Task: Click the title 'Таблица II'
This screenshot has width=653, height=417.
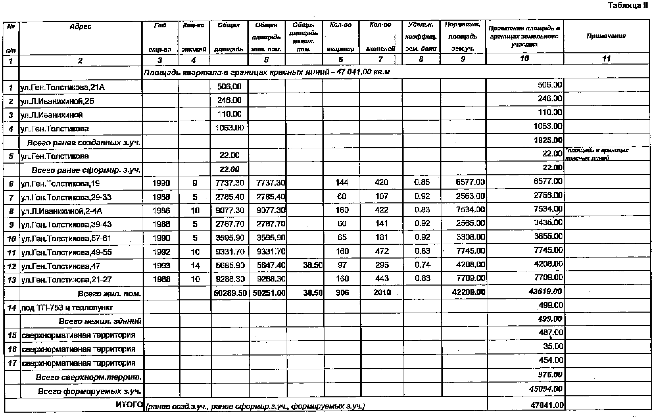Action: point(632,5)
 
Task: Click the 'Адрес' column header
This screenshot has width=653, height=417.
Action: point(80,26)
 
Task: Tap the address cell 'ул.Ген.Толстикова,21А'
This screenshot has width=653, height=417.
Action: point(63,88)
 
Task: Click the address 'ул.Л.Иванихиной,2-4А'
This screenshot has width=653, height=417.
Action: point(62,211)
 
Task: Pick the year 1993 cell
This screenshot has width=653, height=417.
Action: point(161,266)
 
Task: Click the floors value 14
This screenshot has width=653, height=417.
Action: point(195,266)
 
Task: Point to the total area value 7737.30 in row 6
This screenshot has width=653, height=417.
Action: point(230,183)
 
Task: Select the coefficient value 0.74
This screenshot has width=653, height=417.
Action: point(422,265)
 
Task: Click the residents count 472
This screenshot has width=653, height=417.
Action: point(382,251)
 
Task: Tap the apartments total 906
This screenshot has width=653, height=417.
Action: point(342,293)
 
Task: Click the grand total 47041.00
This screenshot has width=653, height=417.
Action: point(547,405)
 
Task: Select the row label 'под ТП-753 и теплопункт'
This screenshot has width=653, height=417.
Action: point(67,308)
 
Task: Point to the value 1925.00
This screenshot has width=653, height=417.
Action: point(550,140)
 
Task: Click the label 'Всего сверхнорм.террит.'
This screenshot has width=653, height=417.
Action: point(89,377)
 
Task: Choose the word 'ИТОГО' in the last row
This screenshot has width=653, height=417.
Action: point(129,404)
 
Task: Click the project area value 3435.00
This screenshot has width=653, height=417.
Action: point(548,223)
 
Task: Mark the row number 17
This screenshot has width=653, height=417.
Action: point(12,363)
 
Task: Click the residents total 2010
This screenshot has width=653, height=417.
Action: point(382,293)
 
